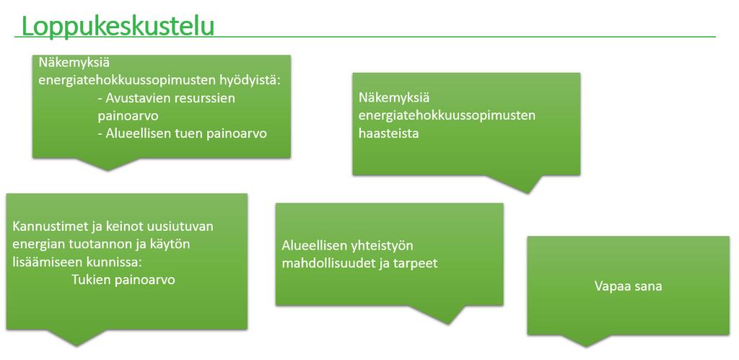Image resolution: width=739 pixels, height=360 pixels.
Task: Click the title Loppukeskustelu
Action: click(x=118, y=26)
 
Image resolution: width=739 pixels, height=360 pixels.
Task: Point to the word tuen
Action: click(x=191, y=133)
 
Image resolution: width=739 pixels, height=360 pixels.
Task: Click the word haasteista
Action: click(x=389, y=133)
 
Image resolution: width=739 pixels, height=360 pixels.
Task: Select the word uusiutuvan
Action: click(x=182, y=227)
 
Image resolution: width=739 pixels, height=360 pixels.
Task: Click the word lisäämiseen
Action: click(x=46, y=262)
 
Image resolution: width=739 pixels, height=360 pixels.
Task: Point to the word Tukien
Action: click(x=90, y=279)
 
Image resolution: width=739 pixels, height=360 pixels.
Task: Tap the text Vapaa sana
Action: click(x=629, y=286)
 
